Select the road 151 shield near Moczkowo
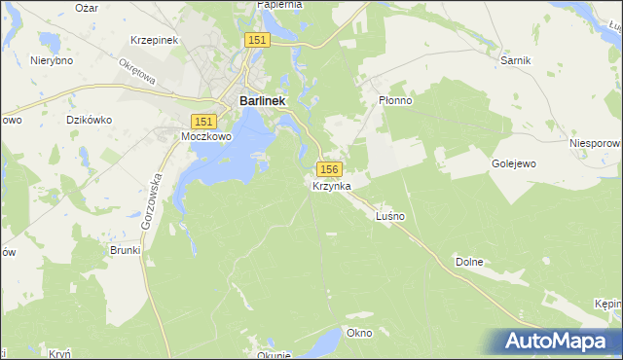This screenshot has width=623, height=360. (202, 122)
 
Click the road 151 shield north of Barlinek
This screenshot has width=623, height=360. (256, 39)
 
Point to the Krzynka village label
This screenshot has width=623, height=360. (331, 185)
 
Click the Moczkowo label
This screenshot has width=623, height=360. (205, 137)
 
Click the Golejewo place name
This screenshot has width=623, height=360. (515, 164)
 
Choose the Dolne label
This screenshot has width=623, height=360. (468, 262)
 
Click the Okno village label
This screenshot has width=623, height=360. (359, 333)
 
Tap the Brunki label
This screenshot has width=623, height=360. (126, 250)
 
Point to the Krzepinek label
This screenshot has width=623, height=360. (152, 41)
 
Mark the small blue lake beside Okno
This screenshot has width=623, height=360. (328, 339)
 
